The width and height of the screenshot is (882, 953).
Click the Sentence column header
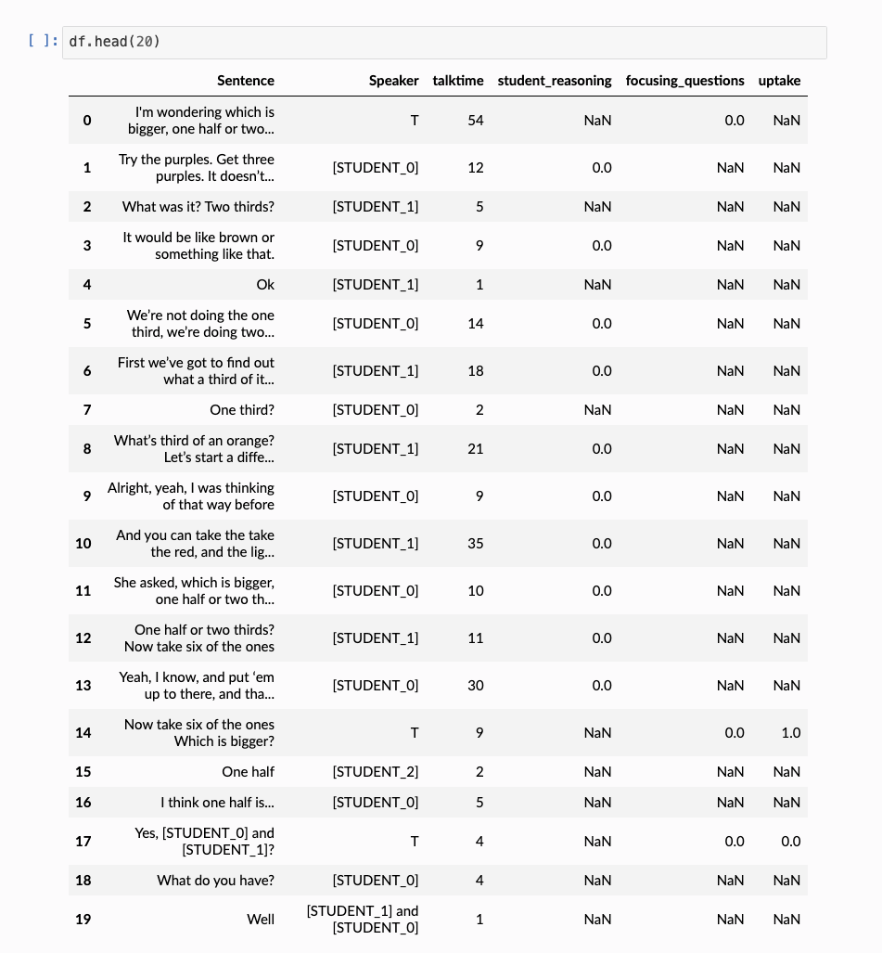click(x=246, y=81)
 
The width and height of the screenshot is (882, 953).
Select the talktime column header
click(x=458, y=81)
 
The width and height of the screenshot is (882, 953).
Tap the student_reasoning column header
click(x=555, y=81)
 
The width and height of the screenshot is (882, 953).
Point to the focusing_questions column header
click(x=684, y=81)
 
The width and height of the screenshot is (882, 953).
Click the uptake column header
click(x=779, y=81)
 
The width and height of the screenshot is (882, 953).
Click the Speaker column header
click(x=394, y=81)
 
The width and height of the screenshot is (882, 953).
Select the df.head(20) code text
click(x=114, y=42)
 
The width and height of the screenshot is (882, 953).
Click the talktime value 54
click(x=475, y=121)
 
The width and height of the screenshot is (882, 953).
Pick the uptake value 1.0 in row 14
click(x=790, y=733)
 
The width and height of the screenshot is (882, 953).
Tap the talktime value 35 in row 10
click(x=475, y=544)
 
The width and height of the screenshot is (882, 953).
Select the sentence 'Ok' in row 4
click(x=265, y=285)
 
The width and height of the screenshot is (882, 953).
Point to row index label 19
click(x=83, y=920)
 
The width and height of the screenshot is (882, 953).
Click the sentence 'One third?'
click(x=242, y=410)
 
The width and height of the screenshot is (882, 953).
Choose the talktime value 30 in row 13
click(x=475, y=686)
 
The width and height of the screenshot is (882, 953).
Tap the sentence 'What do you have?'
click(x=216, y=881)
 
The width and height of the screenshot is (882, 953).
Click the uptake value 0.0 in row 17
click(x=790, y=842)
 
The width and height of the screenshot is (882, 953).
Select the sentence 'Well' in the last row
click(x=261, y=920)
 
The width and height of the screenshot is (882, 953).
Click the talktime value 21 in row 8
click(x=475, y=449)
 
